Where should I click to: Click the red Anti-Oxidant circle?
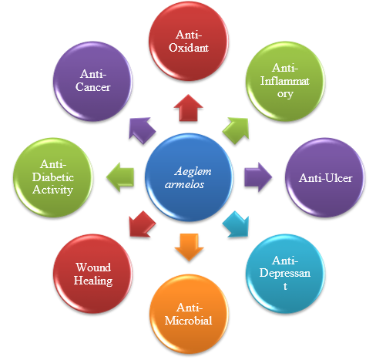(189, 41)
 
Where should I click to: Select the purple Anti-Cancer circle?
(92, 81)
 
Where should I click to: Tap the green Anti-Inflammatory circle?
(285, 81)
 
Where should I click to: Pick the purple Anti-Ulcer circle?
(325, 177)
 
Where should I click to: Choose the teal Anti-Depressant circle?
(285, 274)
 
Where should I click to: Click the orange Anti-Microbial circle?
(189, 314)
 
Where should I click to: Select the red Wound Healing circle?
(92, 274)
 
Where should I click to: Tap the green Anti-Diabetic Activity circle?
(53, 177)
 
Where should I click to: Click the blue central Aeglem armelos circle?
(189, 177)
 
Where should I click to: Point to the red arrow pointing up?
(189, 108)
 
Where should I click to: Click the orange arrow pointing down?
(189, 247)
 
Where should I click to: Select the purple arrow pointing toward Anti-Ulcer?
(258, 177)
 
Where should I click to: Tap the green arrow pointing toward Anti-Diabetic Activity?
(120, 177)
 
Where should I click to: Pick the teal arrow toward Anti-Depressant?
(237, 224)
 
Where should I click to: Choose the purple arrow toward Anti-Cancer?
(142, 130)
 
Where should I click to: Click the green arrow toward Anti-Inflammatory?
(236, 130)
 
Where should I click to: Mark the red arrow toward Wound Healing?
(142, 224)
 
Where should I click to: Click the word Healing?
(93, 281)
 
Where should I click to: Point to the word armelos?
(184, 184)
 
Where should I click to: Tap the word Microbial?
(188, 321)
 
